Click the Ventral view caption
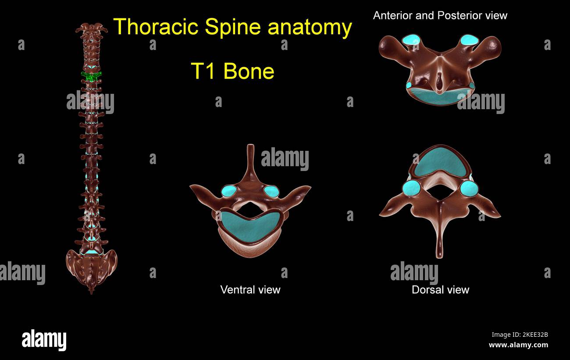click(250, 289)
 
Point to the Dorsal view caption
click(440, 289)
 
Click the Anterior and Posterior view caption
click(440, 16)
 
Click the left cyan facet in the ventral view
click(228, 191)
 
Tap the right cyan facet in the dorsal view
click(469, 189)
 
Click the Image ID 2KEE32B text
click(519, 335)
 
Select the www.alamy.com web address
click(518, 345)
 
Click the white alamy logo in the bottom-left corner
click(44, 341)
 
